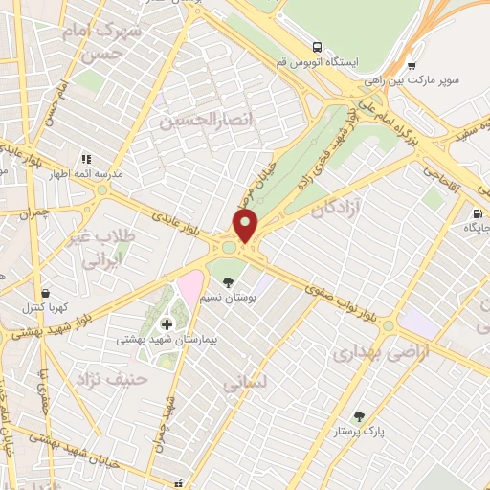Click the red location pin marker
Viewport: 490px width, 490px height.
246,226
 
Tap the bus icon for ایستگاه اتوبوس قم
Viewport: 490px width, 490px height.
315,46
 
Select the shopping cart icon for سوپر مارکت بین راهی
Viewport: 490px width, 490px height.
412,66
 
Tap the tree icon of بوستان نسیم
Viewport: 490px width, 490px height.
228,282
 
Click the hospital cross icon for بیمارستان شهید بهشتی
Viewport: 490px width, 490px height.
167,325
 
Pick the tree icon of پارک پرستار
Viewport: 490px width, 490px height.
359,416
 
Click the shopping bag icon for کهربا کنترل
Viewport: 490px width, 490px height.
45,294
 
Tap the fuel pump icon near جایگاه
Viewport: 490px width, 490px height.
477,213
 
